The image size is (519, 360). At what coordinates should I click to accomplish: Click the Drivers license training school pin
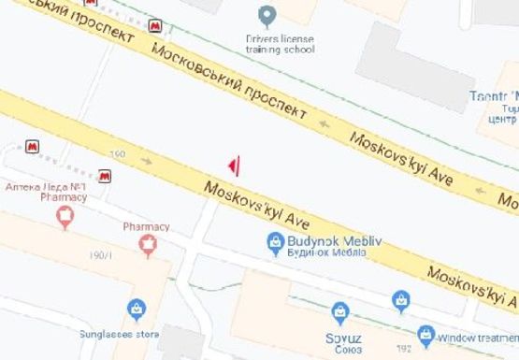pos(267,16)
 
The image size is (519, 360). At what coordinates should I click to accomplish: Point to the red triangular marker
pos(236,166)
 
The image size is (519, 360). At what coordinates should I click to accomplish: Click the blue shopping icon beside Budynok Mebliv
pos(275,244)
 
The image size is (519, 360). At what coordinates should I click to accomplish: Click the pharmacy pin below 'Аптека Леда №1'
pos(65,218)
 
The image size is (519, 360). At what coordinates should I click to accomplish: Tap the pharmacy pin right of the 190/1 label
pos(147,246)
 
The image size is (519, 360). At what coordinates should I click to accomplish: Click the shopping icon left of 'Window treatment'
pos(425,334)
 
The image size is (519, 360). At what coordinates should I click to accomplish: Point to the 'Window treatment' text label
pos(478,334)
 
